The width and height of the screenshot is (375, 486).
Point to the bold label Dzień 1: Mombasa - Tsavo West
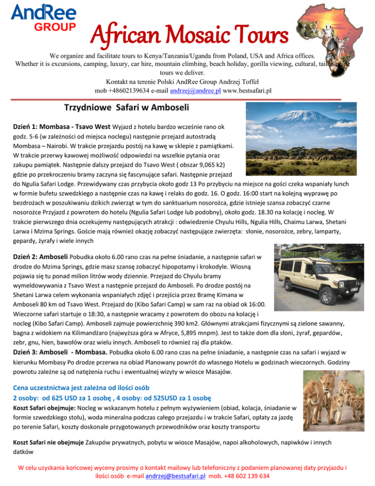62,127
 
